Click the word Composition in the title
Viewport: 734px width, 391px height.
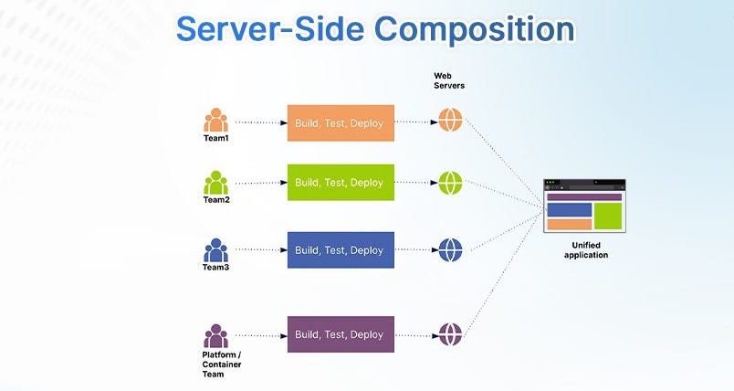coord(472,29)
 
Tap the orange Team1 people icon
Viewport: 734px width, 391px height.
coord(216,121)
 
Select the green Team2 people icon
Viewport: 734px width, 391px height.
coord(216,183)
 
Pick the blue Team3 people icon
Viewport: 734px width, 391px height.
coord(216,249)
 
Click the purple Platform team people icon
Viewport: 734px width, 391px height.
coord(216,335)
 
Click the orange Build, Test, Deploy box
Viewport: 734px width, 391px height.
coord(341,122)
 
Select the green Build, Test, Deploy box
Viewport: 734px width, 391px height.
coord(341,183)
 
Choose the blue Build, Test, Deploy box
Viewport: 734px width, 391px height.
coord(341,250)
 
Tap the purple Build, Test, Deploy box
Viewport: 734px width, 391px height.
coord(341,334)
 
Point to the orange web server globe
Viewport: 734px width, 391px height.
coord(451,121)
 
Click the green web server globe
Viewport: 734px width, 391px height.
coord(451,183)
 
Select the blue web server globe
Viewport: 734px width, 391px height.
coord(451,249)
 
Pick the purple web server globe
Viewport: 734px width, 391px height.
coord(451,334)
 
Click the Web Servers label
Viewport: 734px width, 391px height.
coord(450,79)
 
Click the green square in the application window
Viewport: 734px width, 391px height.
coord(608,217)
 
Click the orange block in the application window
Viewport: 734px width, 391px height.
coord(569,225)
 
